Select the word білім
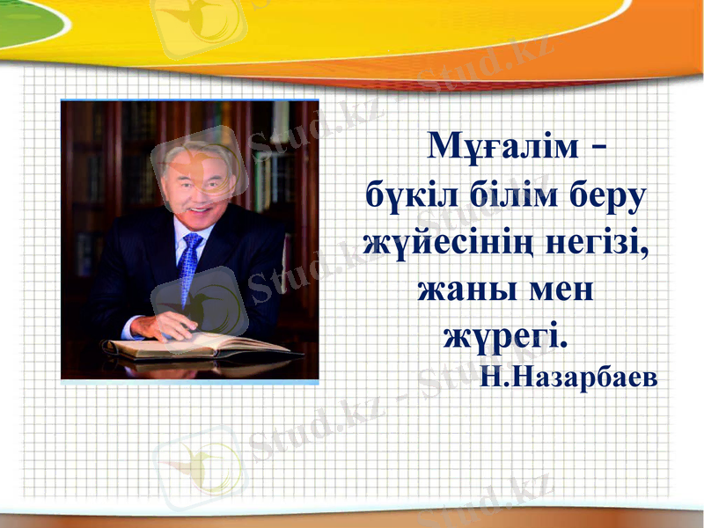496,195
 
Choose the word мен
553,290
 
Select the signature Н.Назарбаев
568,377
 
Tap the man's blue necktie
189,264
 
